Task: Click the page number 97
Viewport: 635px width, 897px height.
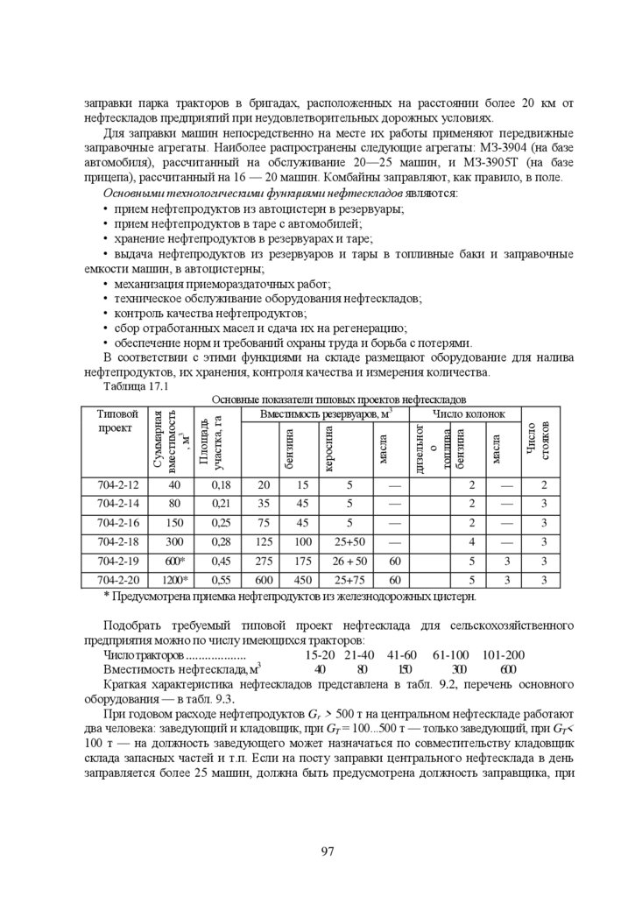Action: pyautogui.click(x=328, y=851)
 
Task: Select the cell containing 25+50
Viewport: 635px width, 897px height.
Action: pyautogui.click(x=349, y=542)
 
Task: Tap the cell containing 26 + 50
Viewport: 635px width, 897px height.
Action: pyautogui.click(x=349, y=561)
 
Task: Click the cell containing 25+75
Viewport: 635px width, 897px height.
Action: pyautogui.click(x=349, y=580)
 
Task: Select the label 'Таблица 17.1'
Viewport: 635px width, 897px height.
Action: pyautogui.click(x=135, y=386)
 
